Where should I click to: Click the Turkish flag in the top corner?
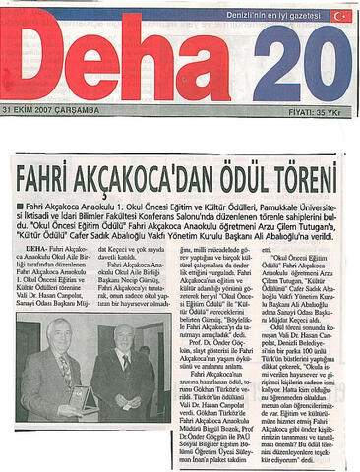click(341, 16)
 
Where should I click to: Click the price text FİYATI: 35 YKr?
click(320, 108)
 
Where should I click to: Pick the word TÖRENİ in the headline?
click(304, 180)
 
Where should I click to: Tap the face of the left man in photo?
click(60, 335)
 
